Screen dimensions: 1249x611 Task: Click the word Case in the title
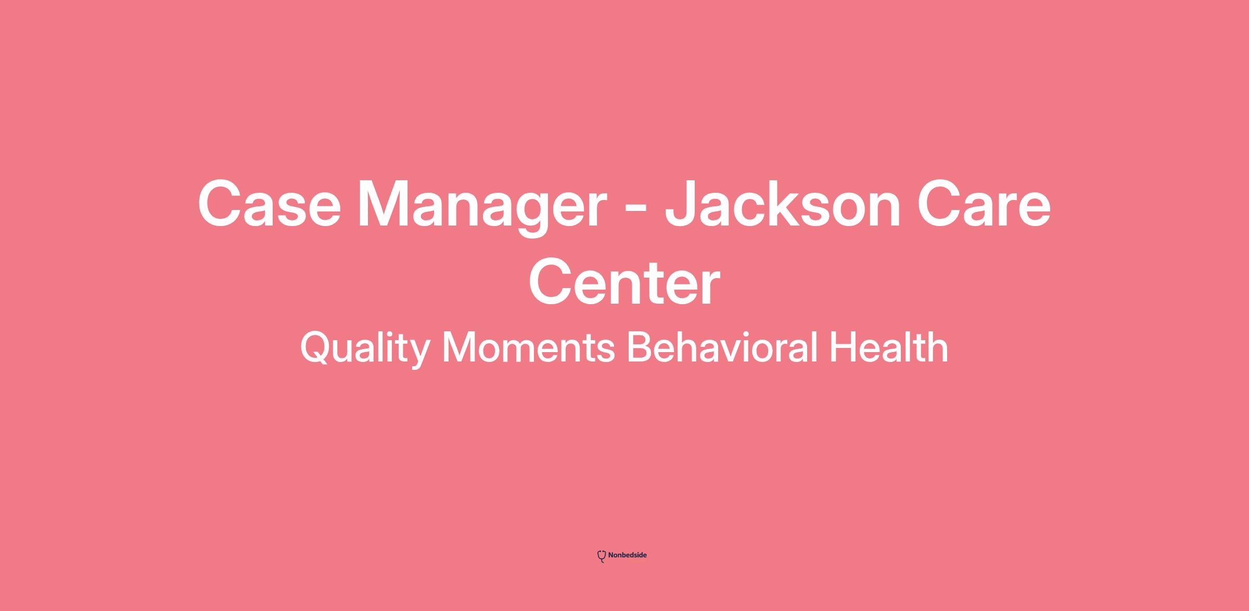click(x=269, y=204)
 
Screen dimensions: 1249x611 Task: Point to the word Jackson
click(x=782, y=204)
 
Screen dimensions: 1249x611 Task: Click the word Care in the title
click(x=984, y=204)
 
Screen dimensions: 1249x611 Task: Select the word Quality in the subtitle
click(x=365, y=348)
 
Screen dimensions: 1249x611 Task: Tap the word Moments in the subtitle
click(x=528, y=347)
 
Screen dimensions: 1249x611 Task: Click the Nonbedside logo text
click(x=627, y=555)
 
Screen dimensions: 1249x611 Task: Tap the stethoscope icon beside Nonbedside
click(x=602, y=556)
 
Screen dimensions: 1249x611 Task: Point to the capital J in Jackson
click(x=682, y=204)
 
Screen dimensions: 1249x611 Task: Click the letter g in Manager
click(x=522, y=215)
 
